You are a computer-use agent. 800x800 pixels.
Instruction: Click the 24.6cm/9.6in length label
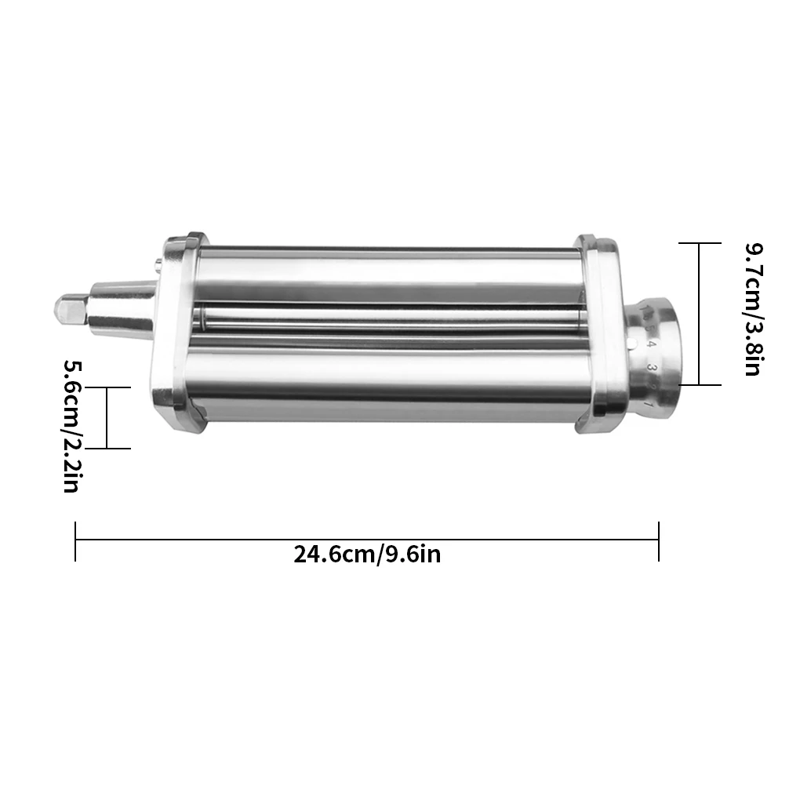[367, 555]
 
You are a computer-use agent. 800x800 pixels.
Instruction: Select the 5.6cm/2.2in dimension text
[71, 426]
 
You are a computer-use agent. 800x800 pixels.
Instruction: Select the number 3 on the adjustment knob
[651, 366]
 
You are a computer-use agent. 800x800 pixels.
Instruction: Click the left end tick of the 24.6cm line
[75, 541]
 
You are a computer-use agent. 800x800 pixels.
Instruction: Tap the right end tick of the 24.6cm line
[658, 541]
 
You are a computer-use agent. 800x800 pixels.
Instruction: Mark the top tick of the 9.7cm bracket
[699, 243]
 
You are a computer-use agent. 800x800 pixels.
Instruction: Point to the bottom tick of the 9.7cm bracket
[699, 384]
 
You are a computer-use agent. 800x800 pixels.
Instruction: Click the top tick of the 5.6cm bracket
[107, 387]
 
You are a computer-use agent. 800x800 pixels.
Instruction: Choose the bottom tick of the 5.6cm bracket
[107, 449]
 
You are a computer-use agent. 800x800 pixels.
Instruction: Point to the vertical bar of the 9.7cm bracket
[699, 314]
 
